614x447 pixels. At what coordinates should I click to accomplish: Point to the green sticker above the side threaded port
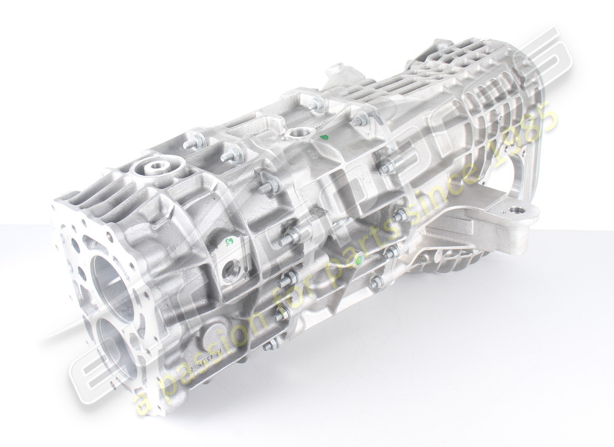coord(228,242)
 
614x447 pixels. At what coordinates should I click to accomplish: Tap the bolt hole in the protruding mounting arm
coord(516,210)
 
